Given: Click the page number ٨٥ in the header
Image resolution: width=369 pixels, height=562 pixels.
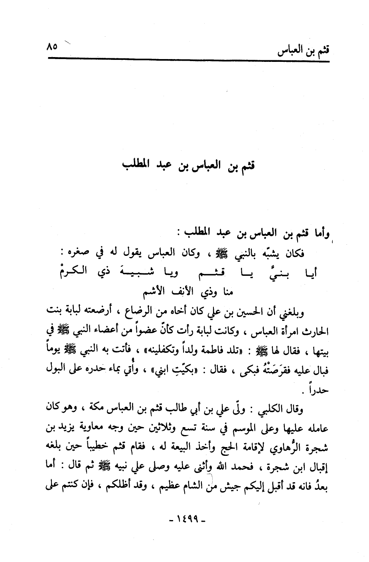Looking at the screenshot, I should (52, 46).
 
